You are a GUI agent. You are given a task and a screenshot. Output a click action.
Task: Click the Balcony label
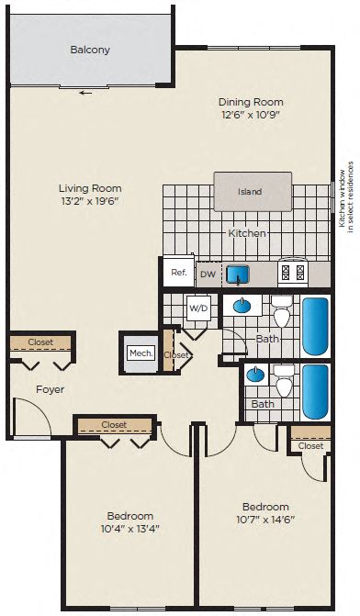(x=90, y=50)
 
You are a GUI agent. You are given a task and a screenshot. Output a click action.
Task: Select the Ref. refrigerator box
(x=178, y=273)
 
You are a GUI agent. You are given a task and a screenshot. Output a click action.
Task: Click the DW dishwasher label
(x=208, y=274)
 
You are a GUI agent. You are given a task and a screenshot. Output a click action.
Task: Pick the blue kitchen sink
(x=238, y=274)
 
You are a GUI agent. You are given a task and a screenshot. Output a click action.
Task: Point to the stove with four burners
(x=292, y=272)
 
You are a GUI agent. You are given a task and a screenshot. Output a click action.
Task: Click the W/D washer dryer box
(x=198, y=308)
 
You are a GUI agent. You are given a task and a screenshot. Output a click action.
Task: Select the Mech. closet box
(x=141, y=353)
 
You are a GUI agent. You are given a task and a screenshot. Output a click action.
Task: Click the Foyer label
(x=50, y=389)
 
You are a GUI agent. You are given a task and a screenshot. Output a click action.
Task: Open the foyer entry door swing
(x=33, y=419)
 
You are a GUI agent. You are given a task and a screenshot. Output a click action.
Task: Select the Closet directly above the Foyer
(x=40, y=342)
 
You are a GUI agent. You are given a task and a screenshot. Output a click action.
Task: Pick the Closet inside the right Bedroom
(x=310, y=446)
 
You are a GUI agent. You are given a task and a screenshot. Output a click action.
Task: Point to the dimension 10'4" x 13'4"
(x=129, y=528)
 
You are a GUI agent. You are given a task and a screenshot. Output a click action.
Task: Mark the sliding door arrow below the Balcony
(x=84, y=92)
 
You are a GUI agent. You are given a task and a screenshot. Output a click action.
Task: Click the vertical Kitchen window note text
(x=345, y=196)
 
